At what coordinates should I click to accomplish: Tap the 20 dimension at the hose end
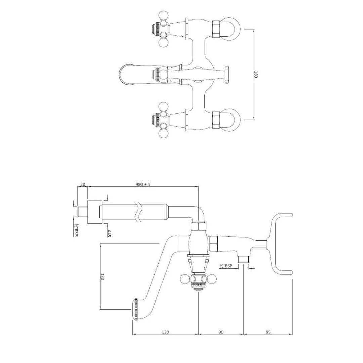tap(83, 184)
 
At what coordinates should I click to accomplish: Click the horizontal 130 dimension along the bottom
tap(165, 332)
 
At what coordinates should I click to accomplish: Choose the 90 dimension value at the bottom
tap(221, 332)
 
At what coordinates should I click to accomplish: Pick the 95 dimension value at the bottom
tap(268, 332)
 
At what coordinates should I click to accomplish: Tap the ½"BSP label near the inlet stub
tap(226, 266)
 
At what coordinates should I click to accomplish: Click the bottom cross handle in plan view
tap(162, 120)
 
